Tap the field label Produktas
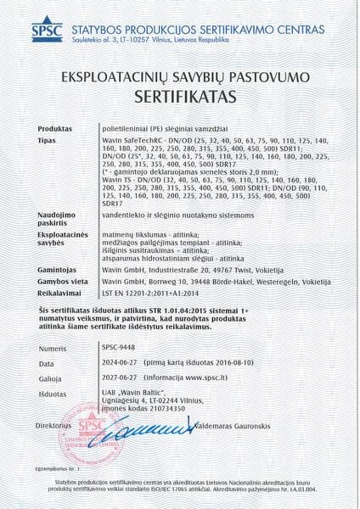(x=57, y=127)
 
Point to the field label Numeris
(x=52, y=349)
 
